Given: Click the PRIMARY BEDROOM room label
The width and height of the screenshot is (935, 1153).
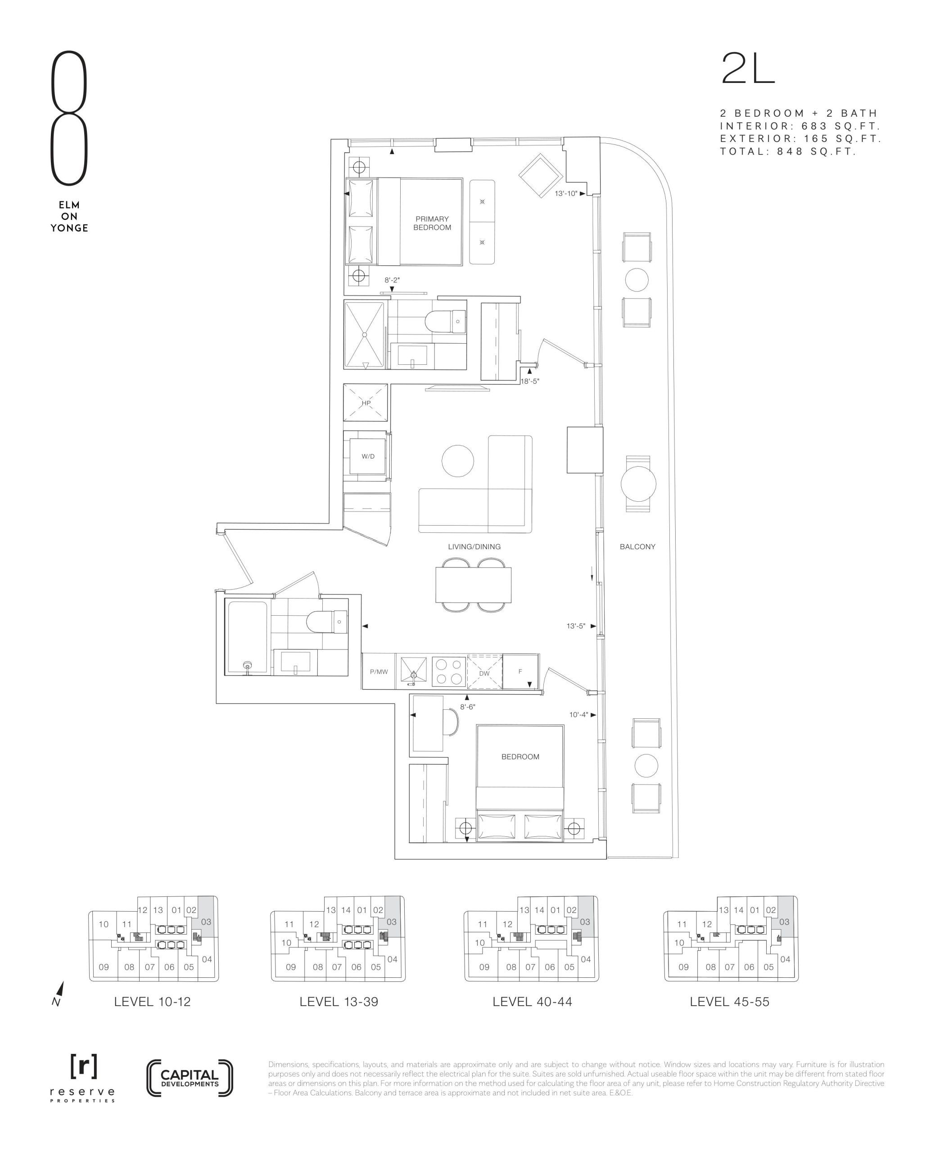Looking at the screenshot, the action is coord(432,223).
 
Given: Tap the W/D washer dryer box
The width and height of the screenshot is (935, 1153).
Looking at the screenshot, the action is coord(368,456).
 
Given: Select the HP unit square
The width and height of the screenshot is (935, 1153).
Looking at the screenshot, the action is coord(366,403).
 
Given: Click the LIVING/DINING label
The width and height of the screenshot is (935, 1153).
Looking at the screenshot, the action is coord(474,546).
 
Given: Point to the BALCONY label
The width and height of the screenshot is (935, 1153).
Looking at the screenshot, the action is coord(637,546).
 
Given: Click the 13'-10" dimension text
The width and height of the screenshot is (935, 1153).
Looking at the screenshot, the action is coord(565,193).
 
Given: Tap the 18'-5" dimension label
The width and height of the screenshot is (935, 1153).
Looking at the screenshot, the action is coord(529,381).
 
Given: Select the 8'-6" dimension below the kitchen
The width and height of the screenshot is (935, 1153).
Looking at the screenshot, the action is coord(467,707).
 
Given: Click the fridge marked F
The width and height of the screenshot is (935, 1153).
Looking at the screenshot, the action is coord(520,672).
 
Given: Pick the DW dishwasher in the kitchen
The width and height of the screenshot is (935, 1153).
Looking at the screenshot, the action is coord(484,672).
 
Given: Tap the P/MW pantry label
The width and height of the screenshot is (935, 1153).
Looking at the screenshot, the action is coord(379,672).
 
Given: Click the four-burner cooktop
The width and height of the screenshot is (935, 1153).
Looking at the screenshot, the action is coord(449,672).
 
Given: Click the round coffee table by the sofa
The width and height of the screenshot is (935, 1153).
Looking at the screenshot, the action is coord(458,461).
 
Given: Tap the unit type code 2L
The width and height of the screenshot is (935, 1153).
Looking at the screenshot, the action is coord(748,68).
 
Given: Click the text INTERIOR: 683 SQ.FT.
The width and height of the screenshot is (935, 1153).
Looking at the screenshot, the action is coord(800,126).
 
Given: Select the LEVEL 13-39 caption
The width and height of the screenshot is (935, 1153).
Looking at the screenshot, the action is coord(339,1002).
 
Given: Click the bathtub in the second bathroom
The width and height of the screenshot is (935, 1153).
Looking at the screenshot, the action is coord(248,637).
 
